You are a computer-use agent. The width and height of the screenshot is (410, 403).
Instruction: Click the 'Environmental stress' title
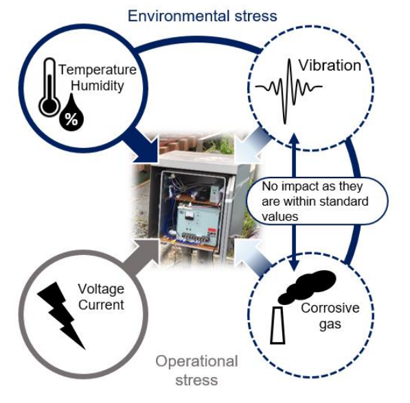(202, 16)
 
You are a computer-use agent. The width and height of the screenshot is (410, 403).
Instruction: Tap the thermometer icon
(49, 88)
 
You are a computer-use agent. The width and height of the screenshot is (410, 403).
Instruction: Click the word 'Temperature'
(98, 70)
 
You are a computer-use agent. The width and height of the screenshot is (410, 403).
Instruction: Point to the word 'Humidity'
(98, 86)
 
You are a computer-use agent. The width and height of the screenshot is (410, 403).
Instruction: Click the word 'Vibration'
(330, 65)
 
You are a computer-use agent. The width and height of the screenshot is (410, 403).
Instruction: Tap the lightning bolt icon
(61, 315)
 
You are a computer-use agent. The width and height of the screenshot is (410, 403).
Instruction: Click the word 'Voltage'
(101, 289)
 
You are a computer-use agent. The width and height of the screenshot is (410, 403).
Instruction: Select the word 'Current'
(101, 305)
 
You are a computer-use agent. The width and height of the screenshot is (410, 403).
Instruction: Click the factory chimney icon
(277, 326)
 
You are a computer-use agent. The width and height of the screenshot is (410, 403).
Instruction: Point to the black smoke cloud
(306, 286)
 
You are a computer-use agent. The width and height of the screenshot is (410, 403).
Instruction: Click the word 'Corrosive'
(330, 308)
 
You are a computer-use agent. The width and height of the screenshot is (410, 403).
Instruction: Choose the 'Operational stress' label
(196, 370)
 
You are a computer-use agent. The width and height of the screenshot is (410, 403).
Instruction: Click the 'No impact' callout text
(315, 201)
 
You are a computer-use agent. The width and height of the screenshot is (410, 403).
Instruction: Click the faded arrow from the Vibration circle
(251, 146)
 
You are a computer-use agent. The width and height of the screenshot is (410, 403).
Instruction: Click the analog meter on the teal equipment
(188, 215)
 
